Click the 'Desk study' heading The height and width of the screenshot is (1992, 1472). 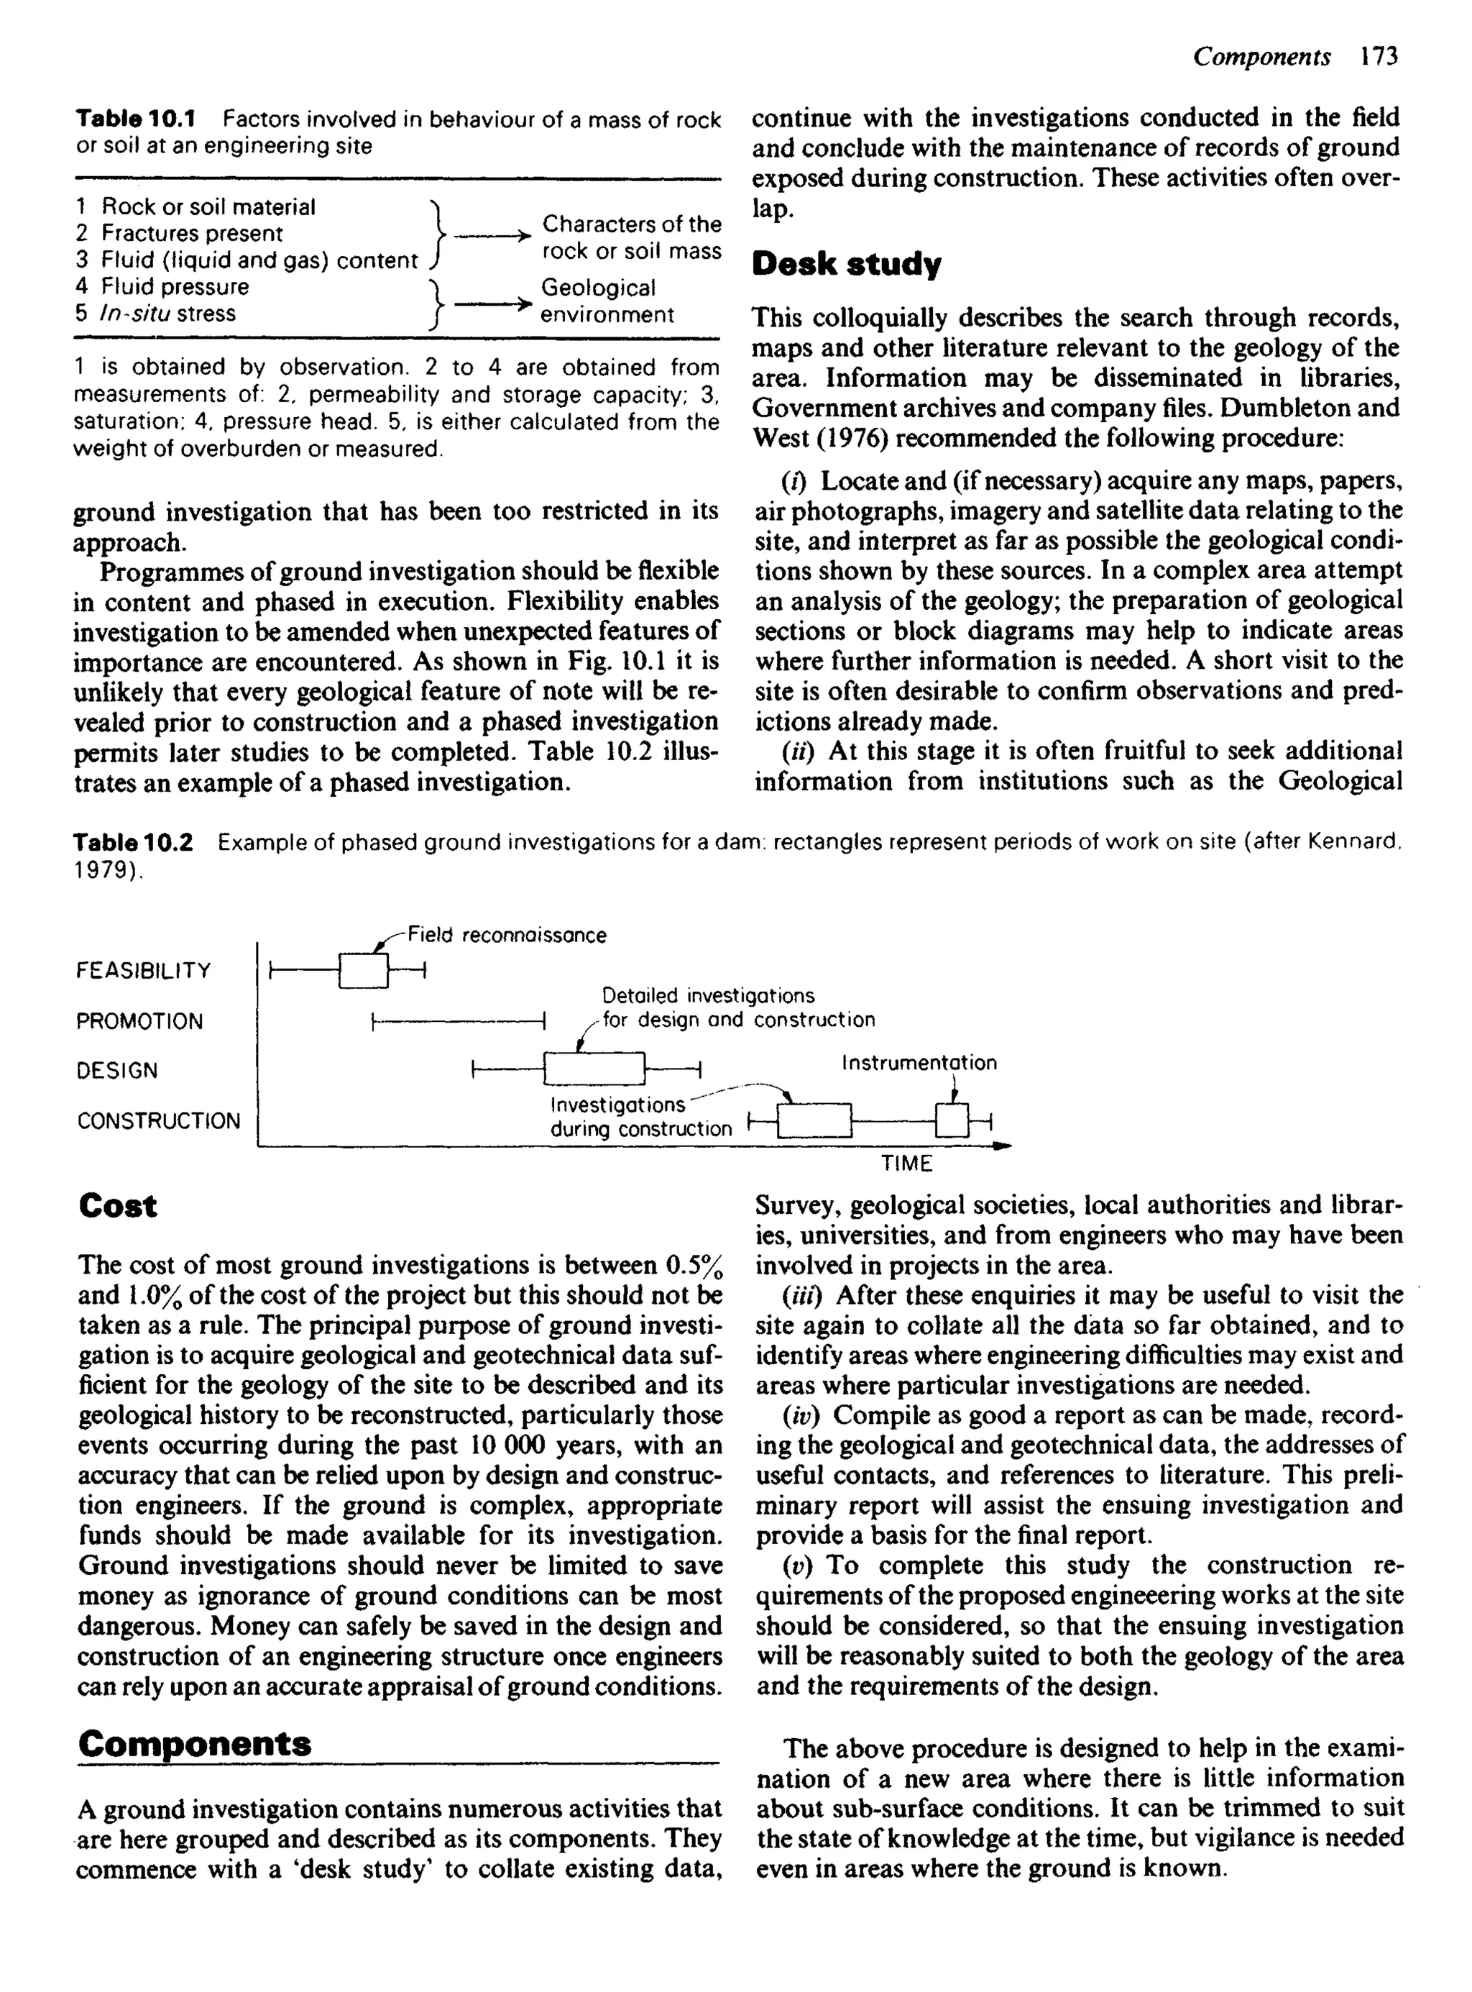[x=847, y=265]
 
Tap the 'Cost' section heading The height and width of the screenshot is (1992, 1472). [x=118, y=1206]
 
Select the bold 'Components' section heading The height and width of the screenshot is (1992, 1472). [x=194, y=1743]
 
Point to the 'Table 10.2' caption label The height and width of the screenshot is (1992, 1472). [x=134, y=842]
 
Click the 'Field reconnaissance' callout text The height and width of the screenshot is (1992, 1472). [x=506, y=935]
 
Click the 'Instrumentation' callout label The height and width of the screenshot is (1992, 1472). [x=919, y=1062]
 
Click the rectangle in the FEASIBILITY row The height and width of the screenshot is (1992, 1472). [x=364, y=971]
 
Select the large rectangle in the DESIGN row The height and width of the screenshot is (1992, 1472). [x=594, y=1069]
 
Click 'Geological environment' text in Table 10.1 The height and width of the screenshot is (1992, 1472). [x=607, y=301]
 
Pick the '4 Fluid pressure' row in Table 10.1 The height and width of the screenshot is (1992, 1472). [x=162, y=287]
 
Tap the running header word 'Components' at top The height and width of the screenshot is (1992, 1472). [x=1261, y=57]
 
